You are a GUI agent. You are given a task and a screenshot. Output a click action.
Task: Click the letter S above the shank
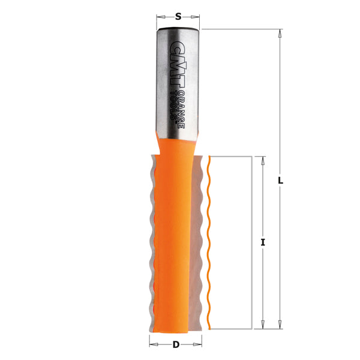coord(178,17)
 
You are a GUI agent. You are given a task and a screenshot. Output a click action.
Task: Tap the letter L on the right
coord(280,180)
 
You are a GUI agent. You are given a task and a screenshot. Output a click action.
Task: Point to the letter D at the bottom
coord(175,344)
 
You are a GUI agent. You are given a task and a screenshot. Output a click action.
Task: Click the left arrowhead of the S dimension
coord(160,17)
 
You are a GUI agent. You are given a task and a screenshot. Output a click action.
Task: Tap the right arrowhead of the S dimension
coord(196,17)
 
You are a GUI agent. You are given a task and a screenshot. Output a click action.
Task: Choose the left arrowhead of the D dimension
coord(152,344)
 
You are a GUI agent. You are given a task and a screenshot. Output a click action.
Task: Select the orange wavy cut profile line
coord(208,240)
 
